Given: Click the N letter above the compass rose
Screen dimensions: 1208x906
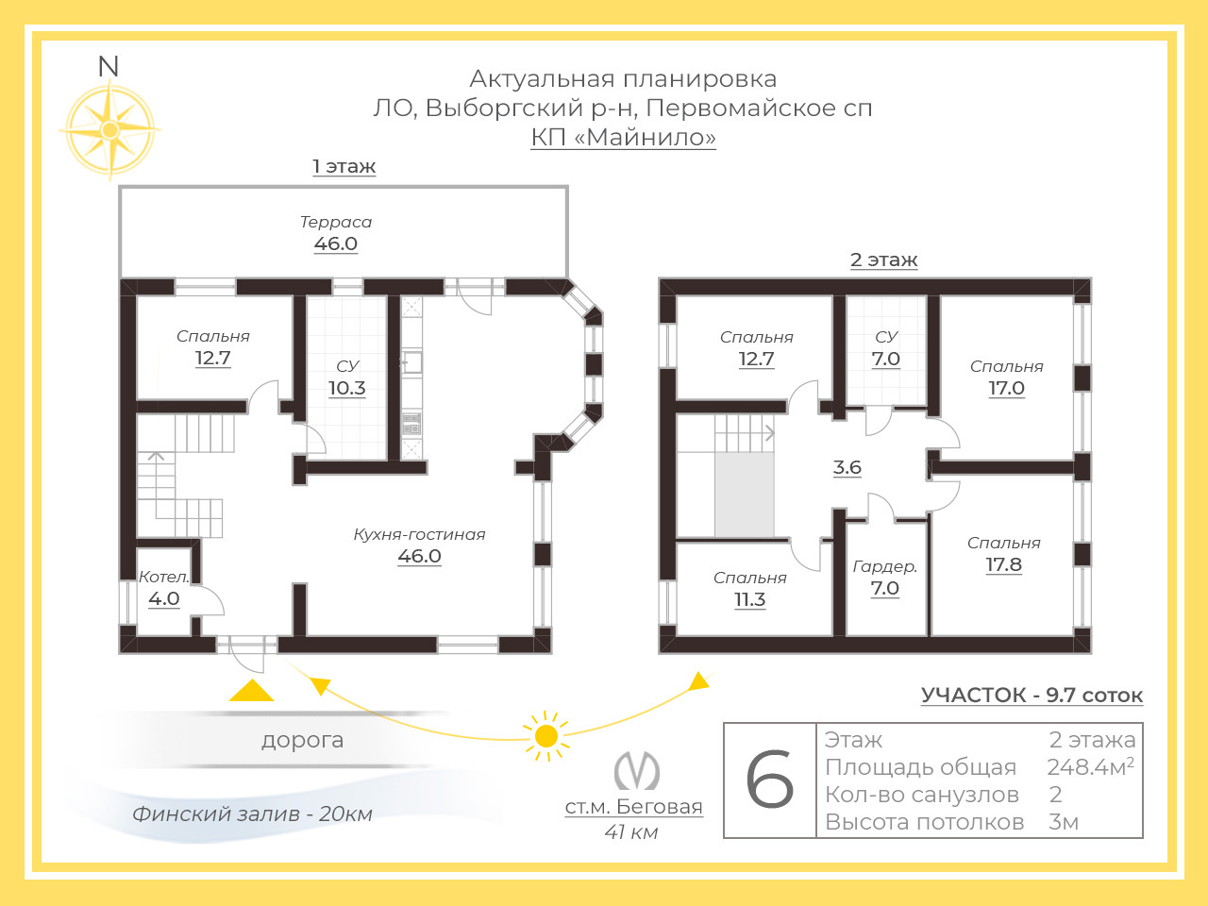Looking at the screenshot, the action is click(109, 67).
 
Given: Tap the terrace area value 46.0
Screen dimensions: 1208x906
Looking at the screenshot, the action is click(336, 243).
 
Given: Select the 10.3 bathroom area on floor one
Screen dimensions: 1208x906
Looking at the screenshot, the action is click(346, 389).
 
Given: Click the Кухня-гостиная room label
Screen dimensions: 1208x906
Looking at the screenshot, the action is click(419, 534).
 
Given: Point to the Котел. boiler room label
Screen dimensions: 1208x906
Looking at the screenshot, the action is click(164, 577).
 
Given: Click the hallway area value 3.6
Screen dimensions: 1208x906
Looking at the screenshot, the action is click(847, 467).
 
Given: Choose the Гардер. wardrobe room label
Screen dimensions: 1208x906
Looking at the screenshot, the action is click(885, 566).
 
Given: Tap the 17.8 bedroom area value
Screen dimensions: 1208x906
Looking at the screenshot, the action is click(1004, 565).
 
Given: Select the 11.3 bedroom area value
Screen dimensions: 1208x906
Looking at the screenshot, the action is click(749, 599).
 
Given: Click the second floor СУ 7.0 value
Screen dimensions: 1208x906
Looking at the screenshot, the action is click(886, 360).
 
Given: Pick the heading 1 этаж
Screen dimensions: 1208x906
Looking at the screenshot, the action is click(344, 166).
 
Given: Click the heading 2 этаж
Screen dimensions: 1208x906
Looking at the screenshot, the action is click(884, 260).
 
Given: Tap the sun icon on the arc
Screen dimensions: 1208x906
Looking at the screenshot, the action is click(545, 736).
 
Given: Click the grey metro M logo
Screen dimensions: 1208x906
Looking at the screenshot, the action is click(637, 771).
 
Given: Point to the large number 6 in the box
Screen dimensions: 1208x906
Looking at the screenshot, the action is click(769, 780).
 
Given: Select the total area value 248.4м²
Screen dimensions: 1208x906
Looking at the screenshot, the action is click(1090, 767).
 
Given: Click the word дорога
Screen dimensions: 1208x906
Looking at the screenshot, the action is click(303, 741).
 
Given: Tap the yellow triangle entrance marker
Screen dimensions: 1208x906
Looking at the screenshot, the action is click(251, 691).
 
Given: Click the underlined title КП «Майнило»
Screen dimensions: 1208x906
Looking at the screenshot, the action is click(624, 138).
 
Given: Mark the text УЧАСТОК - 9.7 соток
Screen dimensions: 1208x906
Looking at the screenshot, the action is click(1032, 696).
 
